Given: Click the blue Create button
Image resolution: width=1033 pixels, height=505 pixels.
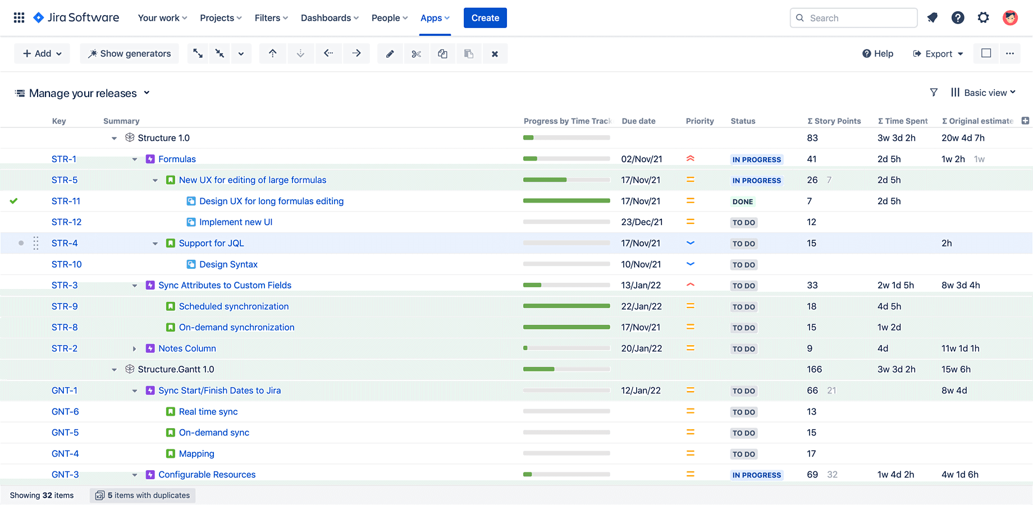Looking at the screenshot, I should click(485, 18).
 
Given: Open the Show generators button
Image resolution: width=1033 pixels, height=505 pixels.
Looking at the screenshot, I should click(129, 54).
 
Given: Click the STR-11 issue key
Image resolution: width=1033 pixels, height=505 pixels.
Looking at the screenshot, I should click(66, 201).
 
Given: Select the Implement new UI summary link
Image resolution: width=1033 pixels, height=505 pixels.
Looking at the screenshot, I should click(235, 222).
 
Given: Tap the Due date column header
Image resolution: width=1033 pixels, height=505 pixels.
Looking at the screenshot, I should click(638, 121).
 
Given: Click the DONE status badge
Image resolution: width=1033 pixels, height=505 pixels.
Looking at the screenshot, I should click(742, 201).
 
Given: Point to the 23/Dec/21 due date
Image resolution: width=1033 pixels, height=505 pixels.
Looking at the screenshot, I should click(642, 222).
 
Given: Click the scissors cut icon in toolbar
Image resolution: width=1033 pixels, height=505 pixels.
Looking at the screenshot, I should click(416, 54).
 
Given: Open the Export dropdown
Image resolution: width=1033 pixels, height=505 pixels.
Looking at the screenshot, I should click(938, 54).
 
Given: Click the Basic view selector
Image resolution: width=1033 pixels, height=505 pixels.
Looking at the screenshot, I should click(984, 93).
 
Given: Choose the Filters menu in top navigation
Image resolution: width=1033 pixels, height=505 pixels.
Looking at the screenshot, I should click(271, 18).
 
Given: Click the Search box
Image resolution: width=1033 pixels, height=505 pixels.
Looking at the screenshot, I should click(853, 18).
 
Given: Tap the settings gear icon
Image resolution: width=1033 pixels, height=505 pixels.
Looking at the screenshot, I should click(983, 18).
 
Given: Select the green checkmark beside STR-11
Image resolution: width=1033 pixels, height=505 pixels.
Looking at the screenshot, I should click(14, 201).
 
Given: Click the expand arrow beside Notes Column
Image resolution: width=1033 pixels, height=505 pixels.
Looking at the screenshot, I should click(135, 348).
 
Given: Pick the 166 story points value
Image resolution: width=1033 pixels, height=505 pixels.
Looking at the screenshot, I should click(814, 369).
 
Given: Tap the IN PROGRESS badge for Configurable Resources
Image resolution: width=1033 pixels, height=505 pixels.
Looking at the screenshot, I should click(756, 475).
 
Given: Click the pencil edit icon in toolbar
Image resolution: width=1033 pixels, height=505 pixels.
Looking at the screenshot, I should click(390, 54).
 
